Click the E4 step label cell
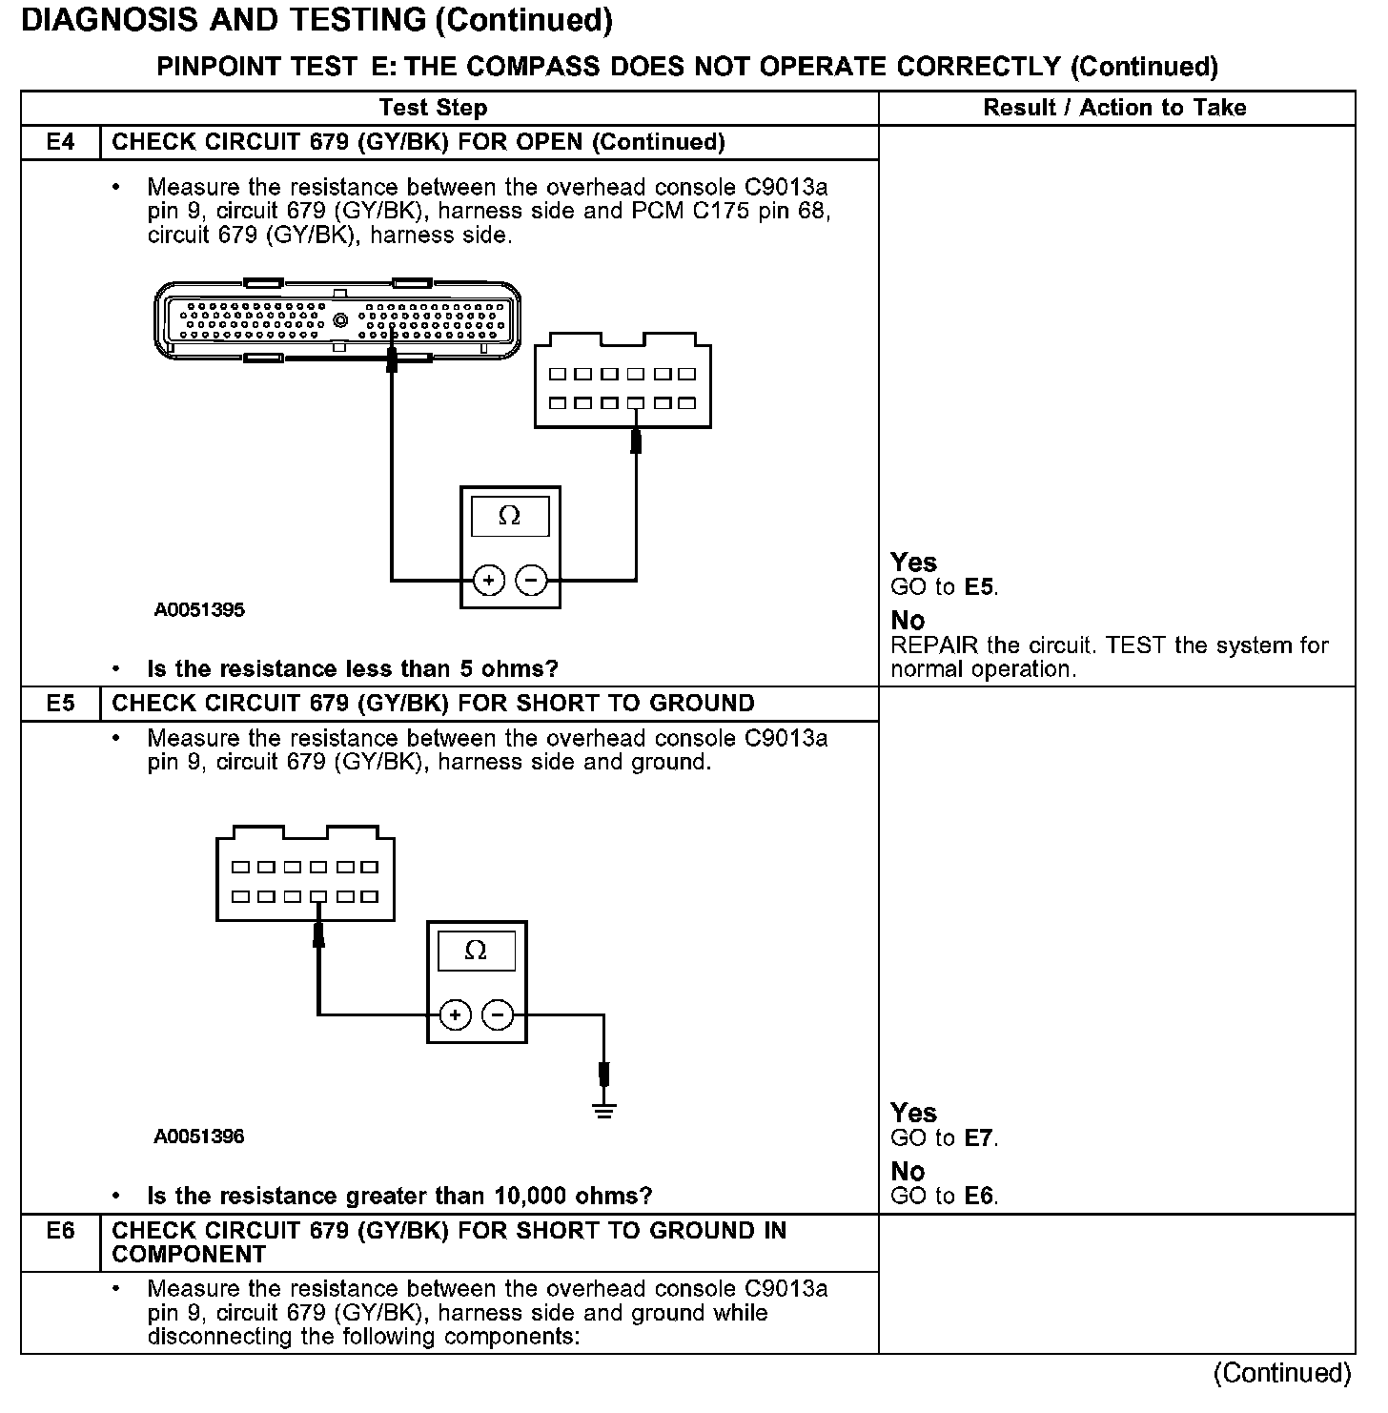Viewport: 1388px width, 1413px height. (60, 142)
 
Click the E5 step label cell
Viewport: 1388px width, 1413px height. (60, 704)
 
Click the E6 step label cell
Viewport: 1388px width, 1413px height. (60, 1231)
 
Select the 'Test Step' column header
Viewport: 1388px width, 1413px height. (433, 108)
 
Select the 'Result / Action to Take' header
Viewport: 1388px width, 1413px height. (1114, 108)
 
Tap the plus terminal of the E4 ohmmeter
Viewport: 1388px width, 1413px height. (489, 580)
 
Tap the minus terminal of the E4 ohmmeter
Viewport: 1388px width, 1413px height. (532, 580)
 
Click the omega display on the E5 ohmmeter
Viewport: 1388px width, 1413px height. (476, 952)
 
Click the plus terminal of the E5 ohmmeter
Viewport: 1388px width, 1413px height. (456, 1014)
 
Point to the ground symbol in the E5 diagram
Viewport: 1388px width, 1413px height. (603, 1109)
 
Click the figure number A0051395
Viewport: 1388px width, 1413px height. (199, 610)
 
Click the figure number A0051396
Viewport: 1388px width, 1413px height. (199, 1137)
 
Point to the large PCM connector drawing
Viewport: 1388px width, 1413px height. (337, 321)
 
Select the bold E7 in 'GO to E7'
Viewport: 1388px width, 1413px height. (980, 1137)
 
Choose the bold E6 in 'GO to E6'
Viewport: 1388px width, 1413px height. (980, 1196)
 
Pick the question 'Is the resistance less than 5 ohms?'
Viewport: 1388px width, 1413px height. (353, 668)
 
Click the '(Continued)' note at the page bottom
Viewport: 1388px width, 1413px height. (1281, 1373)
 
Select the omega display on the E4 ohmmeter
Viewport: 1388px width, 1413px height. (510, 517)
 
